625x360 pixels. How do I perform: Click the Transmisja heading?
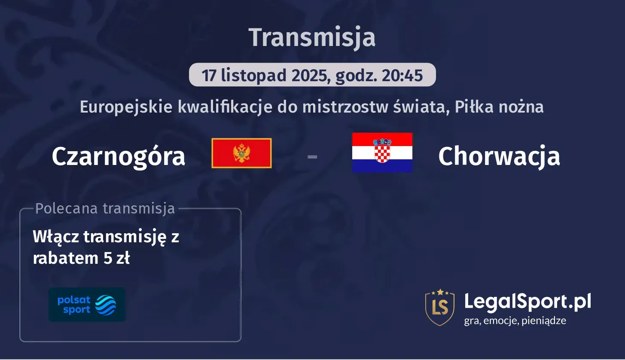312,37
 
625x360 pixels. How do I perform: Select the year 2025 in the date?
307,75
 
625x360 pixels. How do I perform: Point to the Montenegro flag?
241,153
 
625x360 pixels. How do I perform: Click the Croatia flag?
382,153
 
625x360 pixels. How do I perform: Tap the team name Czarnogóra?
118,156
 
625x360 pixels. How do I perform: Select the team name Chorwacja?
499,156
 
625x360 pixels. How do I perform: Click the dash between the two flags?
312,156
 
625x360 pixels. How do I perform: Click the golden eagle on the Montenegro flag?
241,153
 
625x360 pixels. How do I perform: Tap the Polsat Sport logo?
87,305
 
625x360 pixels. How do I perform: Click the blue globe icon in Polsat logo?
105,305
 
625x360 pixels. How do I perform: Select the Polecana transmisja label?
105,208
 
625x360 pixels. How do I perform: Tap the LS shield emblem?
439,307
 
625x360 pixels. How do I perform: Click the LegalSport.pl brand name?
527,302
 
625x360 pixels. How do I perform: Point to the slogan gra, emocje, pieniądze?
515,320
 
